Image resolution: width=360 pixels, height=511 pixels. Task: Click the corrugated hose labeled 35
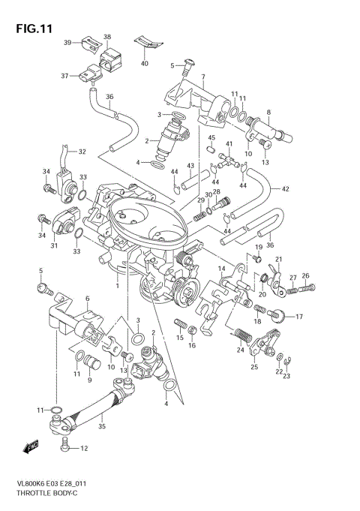[94, 409]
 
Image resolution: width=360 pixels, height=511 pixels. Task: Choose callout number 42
[286, 188]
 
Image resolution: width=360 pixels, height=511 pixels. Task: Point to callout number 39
[67, 43]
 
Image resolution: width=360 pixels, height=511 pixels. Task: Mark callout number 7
[202, 77]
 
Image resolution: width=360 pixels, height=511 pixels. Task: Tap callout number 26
[305, 275]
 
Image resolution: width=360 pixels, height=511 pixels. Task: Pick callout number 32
[82, 152]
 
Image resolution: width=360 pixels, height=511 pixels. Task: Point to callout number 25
[254, 366]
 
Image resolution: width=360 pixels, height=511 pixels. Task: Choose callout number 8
[268, 113]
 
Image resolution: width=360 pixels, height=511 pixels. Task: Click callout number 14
[222, 269]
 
